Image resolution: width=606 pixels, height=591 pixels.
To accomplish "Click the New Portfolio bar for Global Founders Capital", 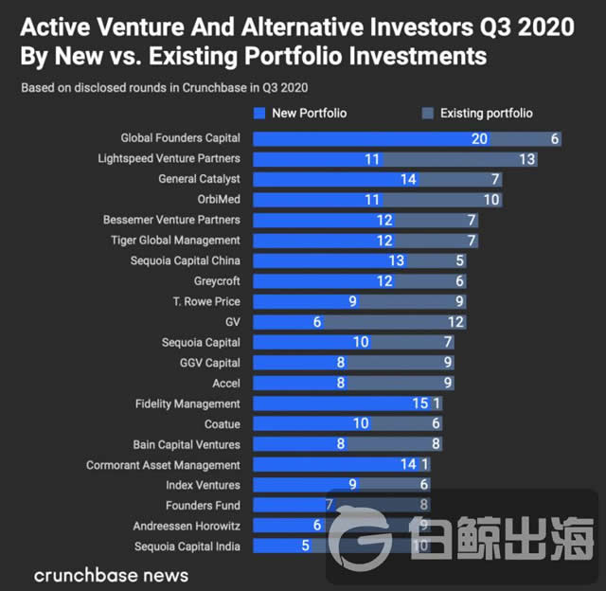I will [x=369, y=138].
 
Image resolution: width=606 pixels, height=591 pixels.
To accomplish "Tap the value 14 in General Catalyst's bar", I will [x=408, y=179].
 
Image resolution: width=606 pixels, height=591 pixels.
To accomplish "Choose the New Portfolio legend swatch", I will [x=259, y=114].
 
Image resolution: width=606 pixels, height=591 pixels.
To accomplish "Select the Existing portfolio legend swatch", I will [x=427, y=114].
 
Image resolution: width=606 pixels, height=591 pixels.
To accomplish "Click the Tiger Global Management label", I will [x=176, y=241].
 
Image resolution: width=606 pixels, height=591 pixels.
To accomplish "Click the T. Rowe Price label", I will [x=205, y=301].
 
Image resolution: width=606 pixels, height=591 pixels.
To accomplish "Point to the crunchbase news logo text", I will [x=111, y=575].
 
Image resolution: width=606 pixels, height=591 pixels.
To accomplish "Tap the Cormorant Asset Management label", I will [x=164, y=465].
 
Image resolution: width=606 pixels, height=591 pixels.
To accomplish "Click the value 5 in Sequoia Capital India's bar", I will [x=305, y=546].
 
